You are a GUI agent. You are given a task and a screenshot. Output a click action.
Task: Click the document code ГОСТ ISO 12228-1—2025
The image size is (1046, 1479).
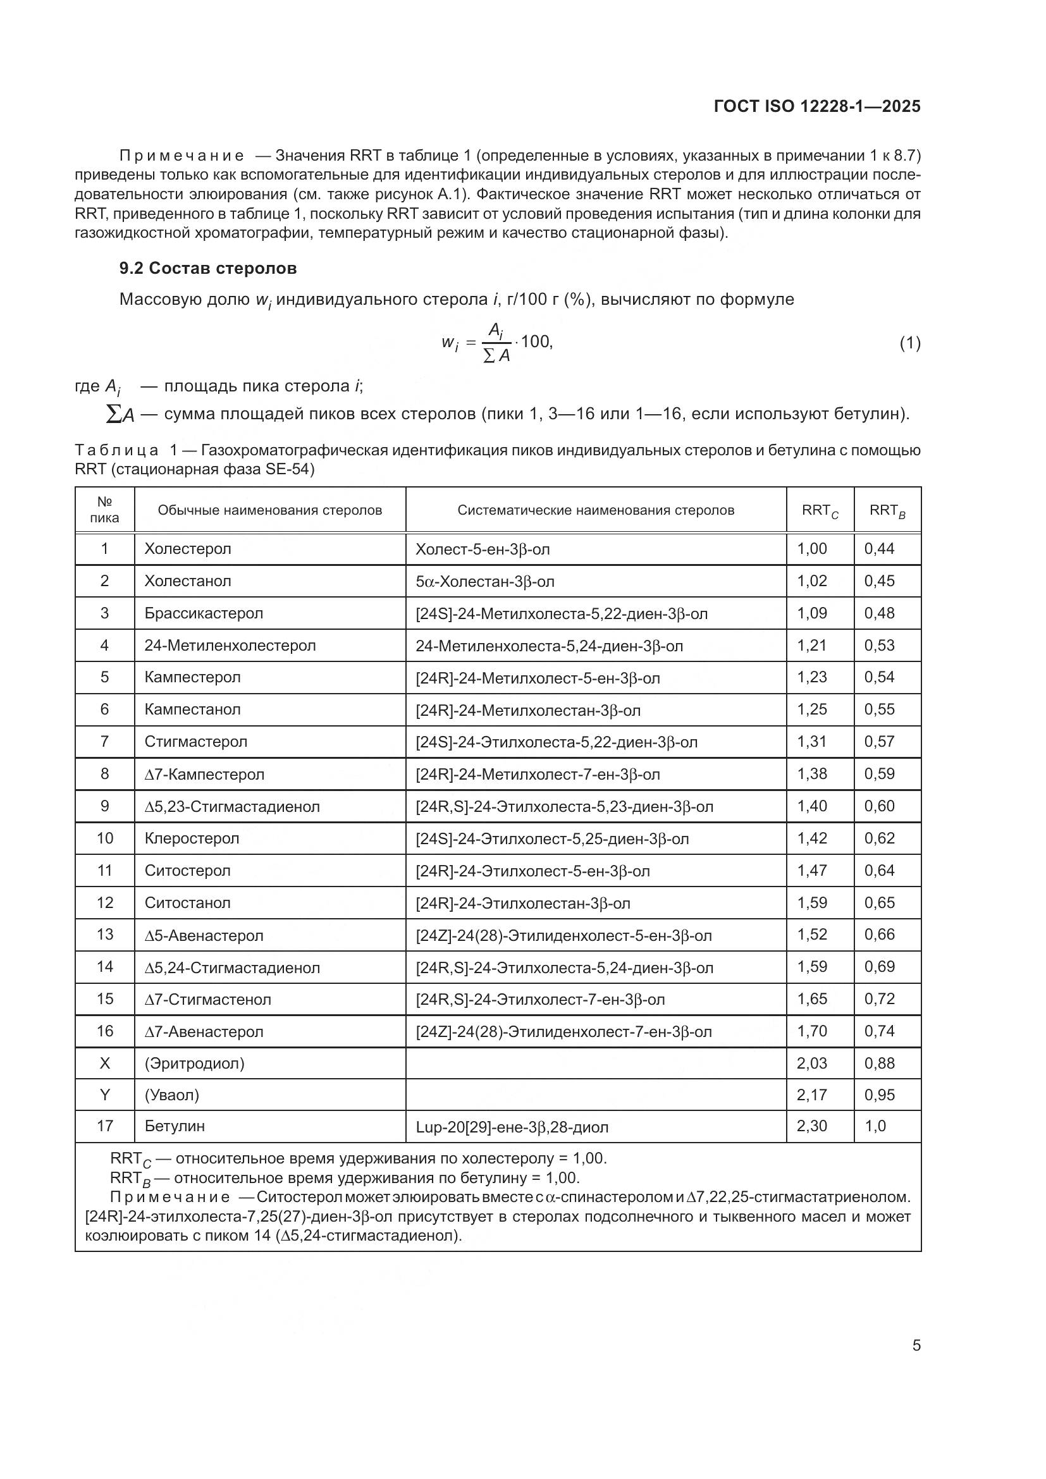click(816, 106)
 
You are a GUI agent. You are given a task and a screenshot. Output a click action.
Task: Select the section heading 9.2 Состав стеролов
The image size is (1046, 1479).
click(207, 268)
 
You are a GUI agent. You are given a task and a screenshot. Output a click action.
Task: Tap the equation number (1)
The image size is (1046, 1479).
click(909, 343)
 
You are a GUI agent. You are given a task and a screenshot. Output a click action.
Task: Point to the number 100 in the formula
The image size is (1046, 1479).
click(536, 341)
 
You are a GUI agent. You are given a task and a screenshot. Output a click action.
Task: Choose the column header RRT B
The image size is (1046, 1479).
click(887, 510)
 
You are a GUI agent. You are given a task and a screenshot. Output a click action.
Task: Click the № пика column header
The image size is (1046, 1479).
click(104, 510)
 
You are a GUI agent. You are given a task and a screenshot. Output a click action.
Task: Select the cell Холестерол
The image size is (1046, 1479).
click(187, 549)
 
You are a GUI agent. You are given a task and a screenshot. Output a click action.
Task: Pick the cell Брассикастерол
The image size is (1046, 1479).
click(204, 613)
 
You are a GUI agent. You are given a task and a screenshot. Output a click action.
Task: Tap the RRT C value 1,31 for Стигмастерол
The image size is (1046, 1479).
click(811, 742)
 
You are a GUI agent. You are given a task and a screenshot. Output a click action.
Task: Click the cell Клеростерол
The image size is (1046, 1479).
click(191, 838)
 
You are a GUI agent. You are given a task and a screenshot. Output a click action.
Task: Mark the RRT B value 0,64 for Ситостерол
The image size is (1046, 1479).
click(879, 870)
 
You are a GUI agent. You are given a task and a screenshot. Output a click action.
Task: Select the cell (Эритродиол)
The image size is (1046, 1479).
click(195, 1063)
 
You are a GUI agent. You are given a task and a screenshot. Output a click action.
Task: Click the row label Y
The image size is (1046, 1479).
click(104, 1095)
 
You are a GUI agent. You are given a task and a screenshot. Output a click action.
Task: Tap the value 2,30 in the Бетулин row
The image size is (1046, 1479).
click(811, 1126)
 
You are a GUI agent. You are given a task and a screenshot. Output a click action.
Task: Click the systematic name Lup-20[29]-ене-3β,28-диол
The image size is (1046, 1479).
click(512, 1127)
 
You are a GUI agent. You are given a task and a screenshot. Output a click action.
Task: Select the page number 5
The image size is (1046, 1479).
click(916, 1346)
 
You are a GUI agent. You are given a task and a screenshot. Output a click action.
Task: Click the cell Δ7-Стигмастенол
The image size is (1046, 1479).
click(207, 999)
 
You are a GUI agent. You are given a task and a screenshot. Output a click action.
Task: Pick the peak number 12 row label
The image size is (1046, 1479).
click(104, 902)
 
